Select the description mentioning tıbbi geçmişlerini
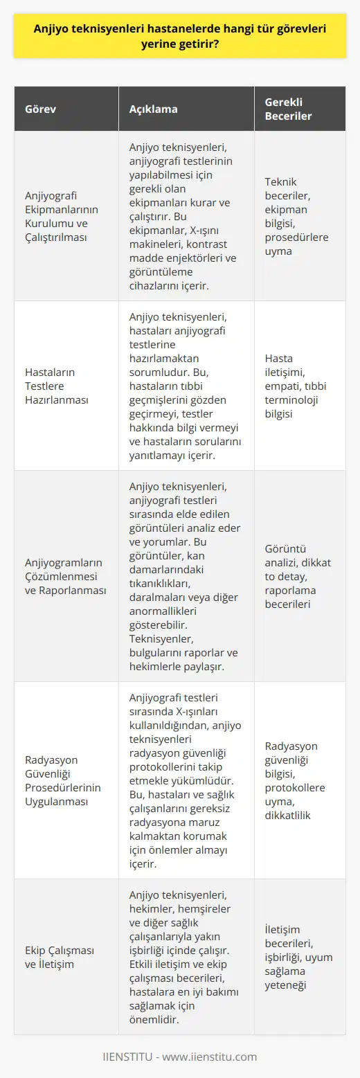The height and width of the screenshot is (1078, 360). click(x=185, y=386)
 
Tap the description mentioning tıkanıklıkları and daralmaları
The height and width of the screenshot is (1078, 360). click(x=185, y=575)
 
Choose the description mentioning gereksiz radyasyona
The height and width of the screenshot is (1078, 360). click(x=185, y=780)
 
